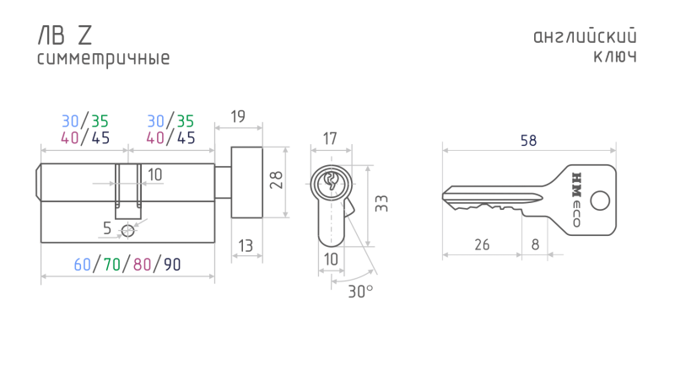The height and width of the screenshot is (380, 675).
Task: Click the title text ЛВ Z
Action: [65, 35]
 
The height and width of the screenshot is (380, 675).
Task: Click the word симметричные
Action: [104, 59]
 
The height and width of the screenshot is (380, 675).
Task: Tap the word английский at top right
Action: [585, 37]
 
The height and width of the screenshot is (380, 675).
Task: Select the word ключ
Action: [614, 57]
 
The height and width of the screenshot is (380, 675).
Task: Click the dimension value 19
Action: [237, 116]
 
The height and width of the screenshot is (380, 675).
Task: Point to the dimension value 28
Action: [275, 180]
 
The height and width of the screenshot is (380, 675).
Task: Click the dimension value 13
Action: [246, 245]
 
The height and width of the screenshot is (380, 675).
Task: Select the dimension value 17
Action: [330, 137]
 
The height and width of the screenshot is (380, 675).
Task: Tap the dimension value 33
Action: [381, 203]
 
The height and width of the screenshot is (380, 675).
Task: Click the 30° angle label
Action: [360, 291]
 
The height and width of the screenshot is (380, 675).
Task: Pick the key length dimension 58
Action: [529, 141]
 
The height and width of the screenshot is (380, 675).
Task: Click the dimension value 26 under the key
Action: [482, 245]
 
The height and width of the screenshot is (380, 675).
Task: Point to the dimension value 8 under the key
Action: [535, 245]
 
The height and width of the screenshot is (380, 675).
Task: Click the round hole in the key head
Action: [600, 201]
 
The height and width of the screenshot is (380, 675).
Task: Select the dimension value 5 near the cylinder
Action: [108, 227]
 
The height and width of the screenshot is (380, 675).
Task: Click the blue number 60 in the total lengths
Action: [82, 265]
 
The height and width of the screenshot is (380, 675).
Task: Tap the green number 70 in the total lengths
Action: [111, 265]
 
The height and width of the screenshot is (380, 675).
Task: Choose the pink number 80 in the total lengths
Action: [142, 265]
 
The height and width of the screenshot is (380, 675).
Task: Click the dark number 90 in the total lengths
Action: [172, 265]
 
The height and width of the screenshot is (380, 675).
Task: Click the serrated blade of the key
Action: [494, 199]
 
